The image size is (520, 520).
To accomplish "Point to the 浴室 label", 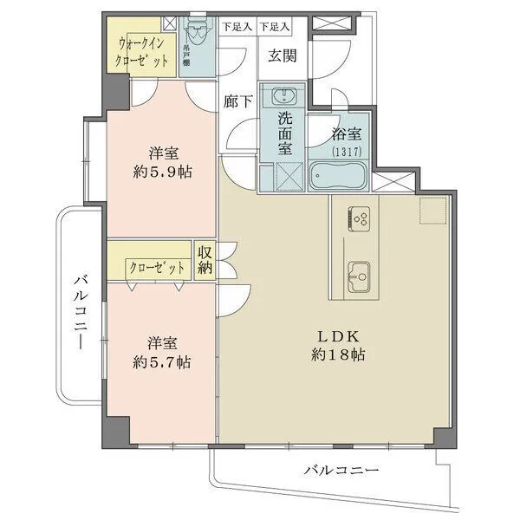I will tap(346, 136).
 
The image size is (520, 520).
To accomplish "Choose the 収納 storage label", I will tap(205, 259).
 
